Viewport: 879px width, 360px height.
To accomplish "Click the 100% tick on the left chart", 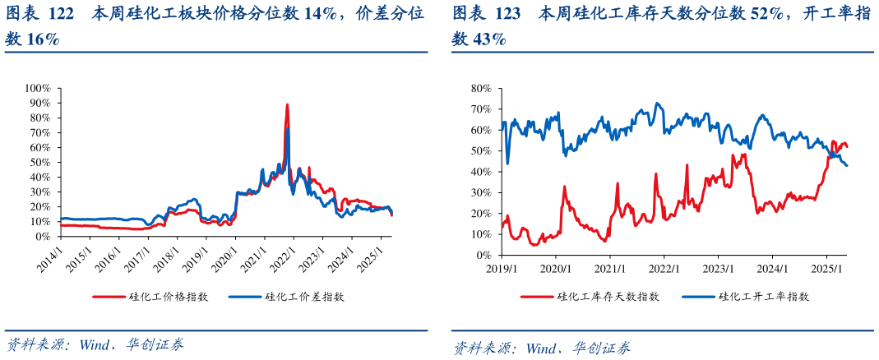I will (x=38, y=88).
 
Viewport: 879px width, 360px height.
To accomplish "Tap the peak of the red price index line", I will (x=287, y=105).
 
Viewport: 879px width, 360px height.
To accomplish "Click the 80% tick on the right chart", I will (x=481, y=88).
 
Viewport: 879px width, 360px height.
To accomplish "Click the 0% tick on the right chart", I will (x=484, y=255).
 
